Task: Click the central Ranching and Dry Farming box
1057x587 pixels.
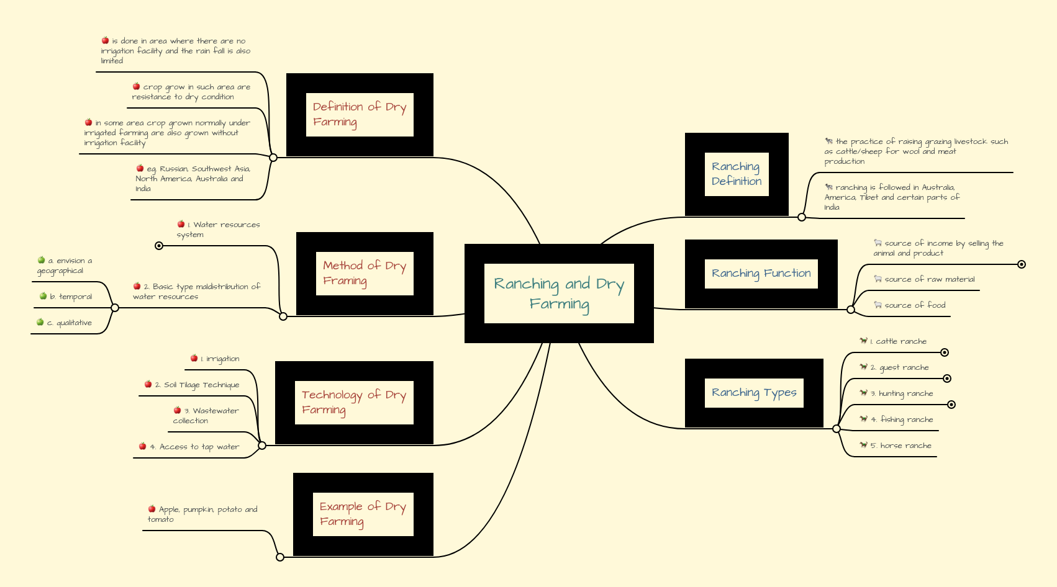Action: coord(559,293)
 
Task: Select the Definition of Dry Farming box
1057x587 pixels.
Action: coord(360,115)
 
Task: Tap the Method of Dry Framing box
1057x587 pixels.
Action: coord(365,274)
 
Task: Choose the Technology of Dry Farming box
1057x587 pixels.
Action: coord(354,403)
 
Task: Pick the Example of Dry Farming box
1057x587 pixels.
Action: coord(363,514)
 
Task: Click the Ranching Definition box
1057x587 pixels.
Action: coord(737,174)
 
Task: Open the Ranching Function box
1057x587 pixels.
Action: coord(761,274)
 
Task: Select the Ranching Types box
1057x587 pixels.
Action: coord(754,393)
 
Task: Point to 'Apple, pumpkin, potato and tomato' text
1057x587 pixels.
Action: coord(202,514)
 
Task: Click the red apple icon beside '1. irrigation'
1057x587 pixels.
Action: coord(194,358)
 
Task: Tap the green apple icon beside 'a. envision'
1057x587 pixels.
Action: coord(42,260)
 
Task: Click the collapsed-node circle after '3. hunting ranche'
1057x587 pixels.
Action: coord(951,405)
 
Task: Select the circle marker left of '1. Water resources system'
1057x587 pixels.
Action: coord(159,246)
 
